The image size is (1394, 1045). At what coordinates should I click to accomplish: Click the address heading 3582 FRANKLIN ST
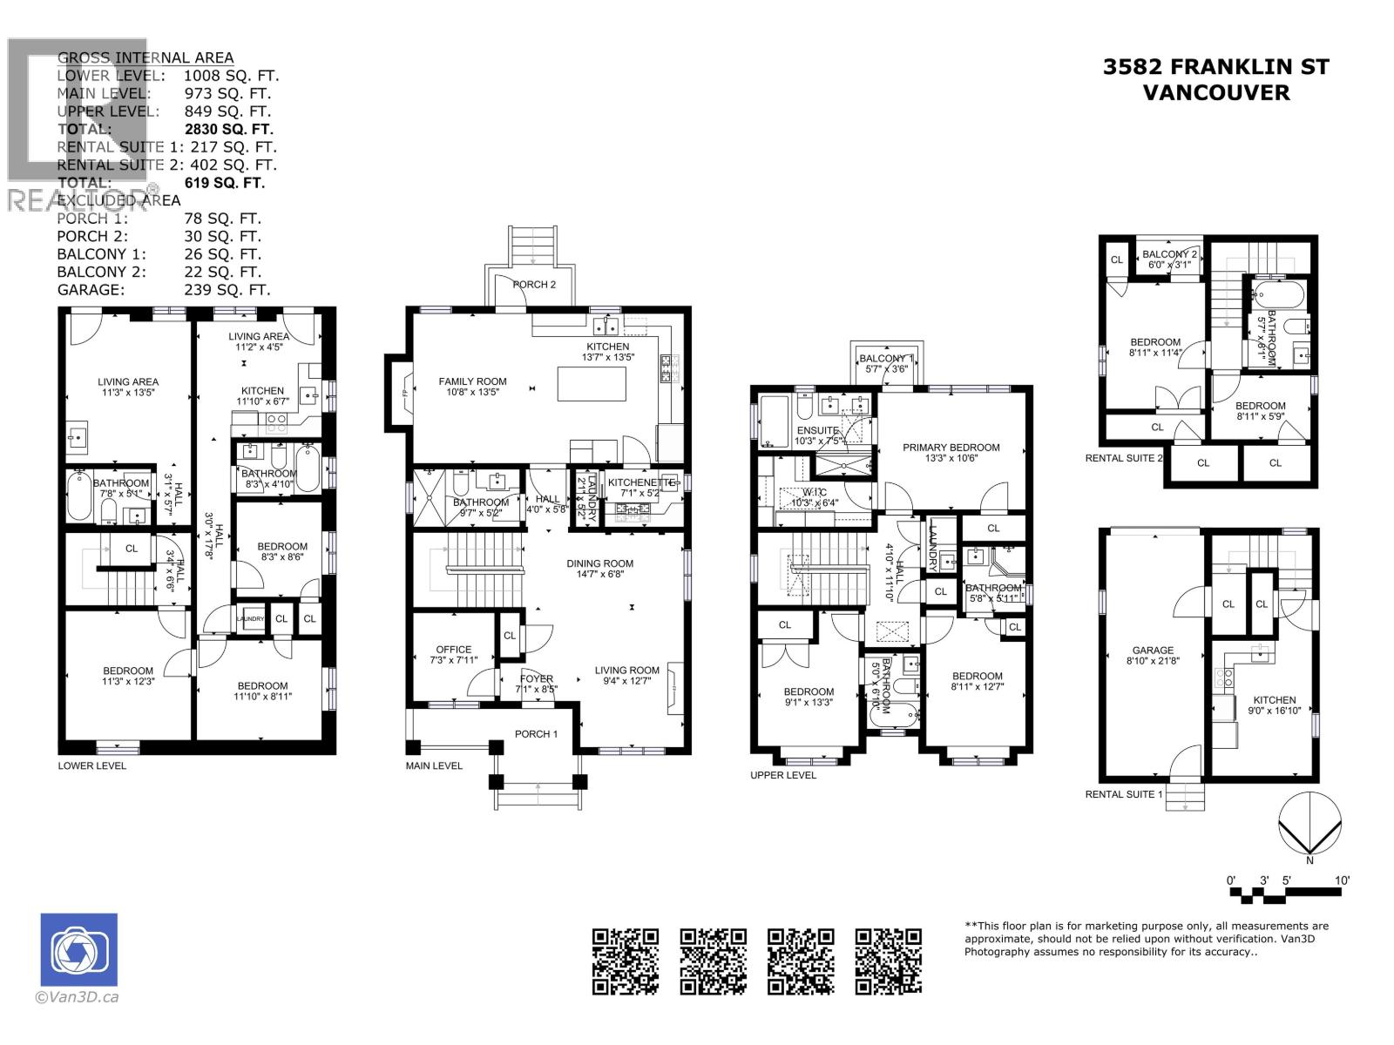click(x=1215, y=67)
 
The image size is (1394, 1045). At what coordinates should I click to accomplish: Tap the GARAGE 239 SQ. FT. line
click(x=164, y=290)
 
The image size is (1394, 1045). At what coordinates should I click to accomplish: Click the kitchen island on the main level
click(x=592, y=384)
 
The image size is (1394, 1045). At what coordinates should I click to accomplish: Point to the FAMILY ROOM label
click(x=472, y=381)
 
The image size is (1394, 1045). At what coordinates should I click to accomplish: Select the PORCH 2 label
click(x=534, y=285)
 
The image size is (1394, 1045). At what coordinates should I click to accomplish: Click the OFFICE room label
click(x=453, y=650)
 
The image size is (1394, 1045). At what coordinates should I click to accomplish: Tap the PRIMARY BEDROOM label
click(x=951, y=448)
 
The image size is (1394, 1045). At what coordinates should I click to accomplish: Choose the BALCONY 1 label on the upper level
click(x=886, y=359)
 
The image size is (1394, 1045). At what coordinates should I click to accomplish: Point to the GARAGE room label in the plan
click(x=1153, y=650)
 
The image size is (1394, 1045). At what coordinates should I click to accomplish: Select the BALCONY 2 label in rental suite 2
click(x=1170, y=254)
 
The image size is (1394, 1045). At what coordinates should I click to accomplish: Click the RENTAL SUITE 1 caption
click(x=1124, y=794)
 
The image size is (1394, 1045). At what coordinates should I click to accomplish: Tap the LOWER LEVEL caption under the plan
click(x=92, y=765)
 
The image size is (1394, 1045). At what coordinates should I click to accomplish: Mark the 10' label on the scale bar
click(x=1342, y=880)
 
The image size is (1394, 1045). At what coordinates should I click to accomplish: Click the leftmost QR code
click(x=626, y=961)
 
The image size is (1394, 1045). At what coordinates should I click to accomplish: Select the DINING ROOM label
click(x=599, y=563)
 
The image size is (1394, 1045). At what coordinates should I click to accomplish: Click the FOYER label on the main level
click(x=536, y=679)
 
